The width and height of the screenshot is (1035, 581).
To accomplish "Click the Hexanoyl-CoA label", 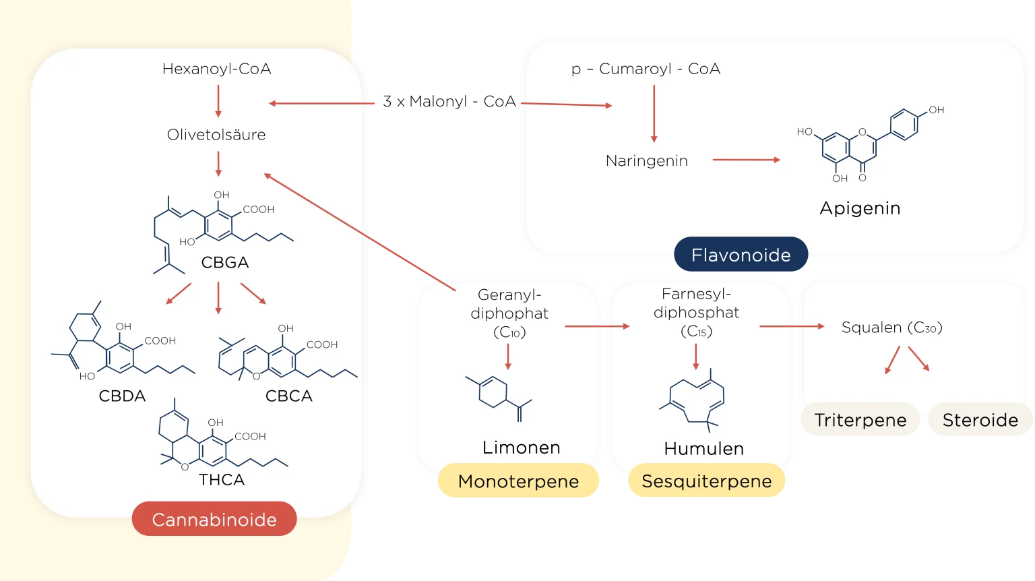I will [216, 69].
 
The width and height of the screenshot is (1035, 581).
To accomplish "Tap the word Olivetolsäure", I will [216, 135].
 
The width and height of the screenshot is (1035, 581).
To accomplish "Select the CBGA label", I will [225, 262].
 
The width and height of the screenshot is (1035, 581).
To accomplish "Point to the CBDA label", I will [122, 396].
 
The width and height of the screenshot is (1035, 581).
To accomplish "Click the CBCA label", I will [289, 396].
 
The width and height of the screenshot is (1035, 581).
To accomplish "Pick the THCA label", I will [222, 480].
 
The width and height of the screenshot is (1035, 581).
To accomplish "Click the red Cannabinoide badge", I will [214, 520].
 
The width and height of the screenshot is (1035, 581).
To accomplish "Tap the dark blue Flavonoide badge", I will [741, 255].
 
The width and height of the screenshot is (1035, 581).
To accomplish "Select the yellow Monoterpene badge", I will [518, 481].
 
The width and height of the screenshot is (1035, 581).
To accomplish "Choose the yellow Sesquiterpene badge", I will [706, 481].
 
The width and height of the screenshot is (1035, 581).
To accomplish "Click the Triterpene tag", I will [860, 420].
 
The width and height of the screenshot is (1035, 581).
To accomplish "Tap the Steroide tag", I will [980, 420].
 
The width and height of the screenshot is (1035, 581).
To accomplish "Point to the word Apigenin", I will [860, 208].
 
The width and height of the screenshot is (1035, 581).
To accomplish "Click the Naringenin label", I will [646, 161].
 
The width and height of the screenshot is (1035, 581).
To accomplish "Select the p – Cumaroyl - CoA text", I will [646, 69].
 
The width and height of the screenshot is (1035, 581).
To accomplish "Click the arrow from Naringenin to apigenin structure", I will [746, 160].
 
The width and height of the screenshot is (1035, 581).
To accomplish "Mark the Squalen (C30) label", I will [891, 328].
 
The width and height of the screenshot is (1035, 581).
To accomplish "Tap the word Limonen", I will [521, 448].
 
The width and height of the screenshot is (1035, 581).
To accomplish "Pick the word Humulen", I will [703, 449].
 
